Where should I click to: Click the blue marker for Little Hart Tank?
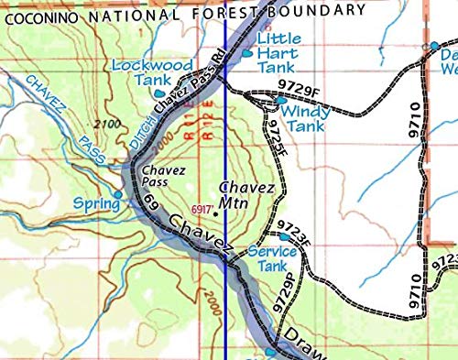[x=248, y=54]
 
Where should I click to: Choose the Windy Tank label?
[x=302, y=118]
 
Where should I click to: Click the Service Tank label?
[x=272, y=259]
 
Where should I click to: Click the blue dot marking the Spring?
[x=117, y=194]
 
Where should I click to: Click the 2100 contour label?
[x=108, y=123]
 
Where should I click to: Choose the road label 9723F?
[x=295, y=228]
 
